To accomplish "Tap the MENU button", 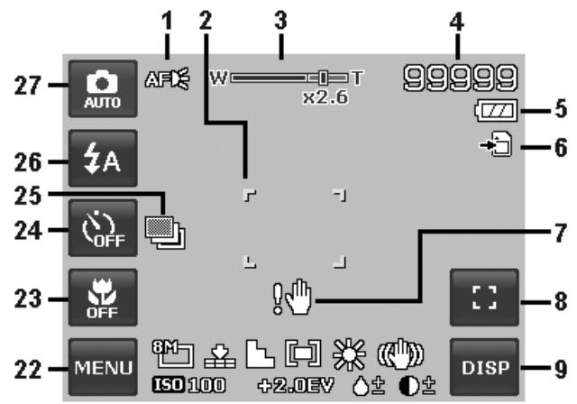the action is point(103,367).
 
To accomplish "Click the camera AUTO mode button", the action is point(103,88).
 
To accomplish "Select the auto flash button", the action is point(103,158).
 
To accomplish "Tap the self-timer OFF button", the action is point(103,228).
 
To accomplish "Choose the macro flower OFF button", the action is point(103,298).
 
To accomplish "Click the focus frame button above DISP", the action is point(485,298).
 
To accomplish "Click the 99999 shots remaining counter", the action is point(461,78).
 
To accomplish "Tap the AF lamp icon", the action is point(168,78).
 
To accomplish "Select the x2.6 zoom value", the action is point(325,97).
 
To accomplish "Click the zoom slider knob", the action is point(323,78).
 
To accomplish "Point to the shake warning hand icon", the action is point(292,297).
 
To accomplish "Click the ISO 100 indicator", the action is point(188,385).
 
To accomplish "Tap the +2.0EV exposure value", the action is point(296,385).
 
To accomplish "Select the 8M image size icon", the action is point(173,353).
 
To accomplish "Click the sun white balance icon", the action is point(349,354).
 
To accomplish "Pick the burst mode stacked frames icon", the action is point(165,233).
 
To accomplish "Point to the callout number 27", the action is point(28,86).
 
